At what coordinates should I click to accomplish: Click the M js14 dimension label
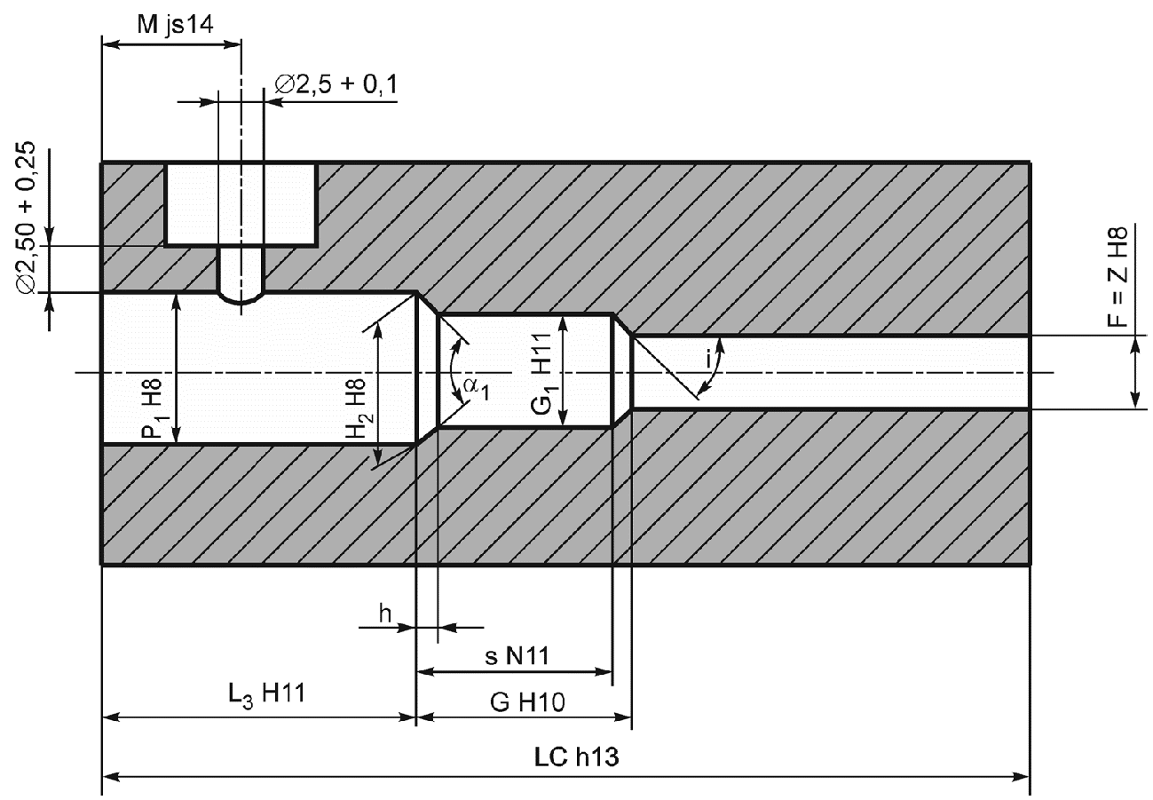tap(175, 25)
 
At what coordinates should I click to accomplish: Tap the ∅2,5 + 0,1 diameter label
tap(336, 84)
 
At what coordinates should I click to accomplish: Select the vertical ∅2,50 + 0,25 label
tap(26, 218)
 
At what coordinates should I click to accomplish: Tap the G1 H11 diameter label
tap(543, 373)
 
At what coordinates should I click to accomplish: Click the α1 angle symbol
tap(476, 389)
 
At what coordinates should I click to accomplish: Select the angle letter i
tap(708, 359)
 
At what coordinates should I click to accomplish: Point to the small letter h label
tap(385, 614)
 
